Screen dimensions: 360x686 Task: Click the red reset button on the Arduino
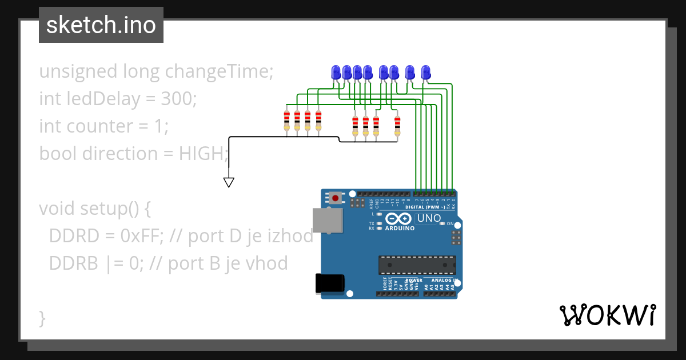(x=335, y=198)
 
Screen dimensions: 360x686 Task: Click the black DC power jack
(x=330, y=284)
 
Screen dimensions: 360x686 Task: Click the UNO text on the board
(x=429, y=218)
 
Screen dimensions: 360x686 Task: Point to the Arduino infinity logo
(x=398, y=219)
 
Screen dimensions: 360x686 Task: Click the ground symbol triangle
(x=229, y=183)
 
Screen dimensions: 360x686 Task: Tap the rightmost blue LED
(x=425, y=73)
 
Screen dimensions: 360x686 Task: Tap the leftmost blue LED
(x=336, y=73)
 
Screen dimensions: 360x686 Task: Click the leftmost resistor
(x=287, y=121)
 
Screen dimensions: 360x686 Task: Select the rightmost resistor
(x=397, y=125)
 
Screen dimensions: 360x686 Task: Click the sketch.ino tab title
(x=101, y=25)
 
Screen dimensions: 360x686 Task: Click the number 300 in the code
(x=178, y=99)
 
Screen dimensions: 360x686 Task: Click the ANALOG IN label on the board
(x=445, y=281)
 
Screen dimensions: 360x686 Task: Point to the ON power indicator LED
(x=442, y=224)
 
